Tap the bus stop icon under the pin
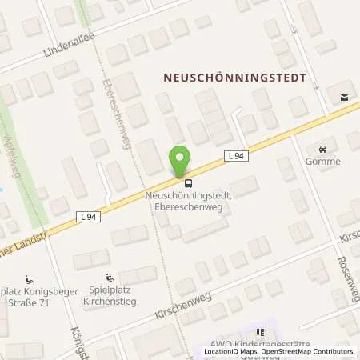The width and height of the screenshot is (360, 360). (x=177, y=182)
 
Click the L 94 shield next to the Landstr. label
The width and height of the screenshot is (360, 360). (x=88, y=217)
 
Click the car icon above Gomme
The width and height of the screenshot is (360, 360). (x=322, y=150)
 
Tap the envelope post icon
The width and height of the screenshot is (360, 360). (x=343, y=98)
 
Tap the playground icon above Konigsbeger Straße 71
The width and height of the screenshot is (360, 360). (x=30, y=280)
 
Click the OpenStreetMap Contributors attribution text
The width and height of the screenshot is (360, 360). (x=307, y=351)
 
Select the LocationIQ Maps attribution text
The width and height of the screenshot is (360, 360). (x=231, y=351)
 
